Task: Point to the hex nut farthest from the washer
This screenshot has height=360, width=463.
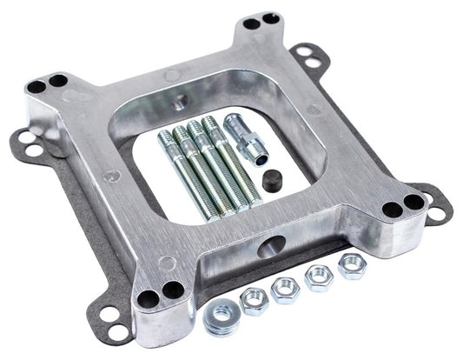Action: [x=352, y=267]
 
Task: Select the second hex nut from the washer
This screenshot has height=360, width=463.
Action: [x=285, y=290]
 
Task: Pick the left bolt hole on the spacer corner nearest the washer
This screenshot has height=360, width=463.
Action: [x=149, y=297]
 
